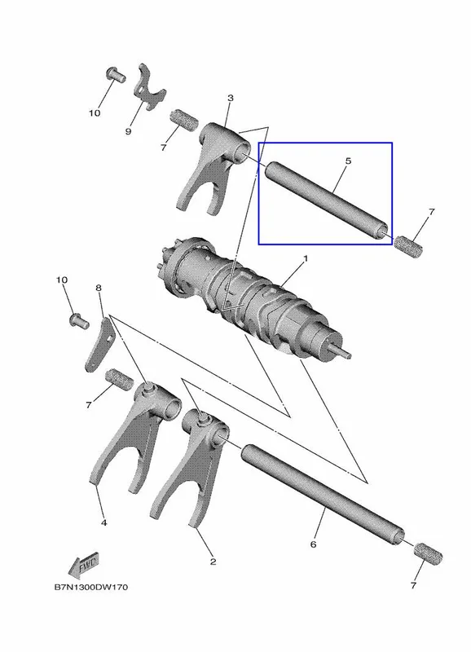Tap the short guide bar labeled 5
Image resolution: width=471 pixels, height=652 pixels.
[x=327, y=199]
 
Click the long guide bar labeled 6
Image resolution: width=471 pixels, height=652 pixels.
[x=322, y=494]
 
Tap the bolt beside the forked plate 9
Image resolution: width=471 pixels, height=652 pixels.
[x=116, y=75]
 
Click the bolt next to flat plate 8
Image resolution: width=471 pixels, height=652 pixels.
[x=78, y=321]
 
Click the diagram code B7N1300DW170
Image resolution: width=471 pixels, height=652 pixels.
[x=91, y=587]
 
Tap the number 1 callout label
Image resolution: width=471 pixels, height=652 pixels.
[x=306, y=258]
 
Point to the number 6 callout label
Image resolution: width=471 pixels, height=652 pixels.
[x=314, y=544]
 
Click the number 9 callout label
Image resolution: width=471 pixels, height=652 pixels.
[x=128, y=131]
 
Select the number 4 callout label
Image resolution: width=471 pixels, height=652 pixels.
[x=104, y=522]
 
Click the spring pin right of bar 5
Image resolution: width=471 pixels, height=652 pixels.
[x=408, y=245]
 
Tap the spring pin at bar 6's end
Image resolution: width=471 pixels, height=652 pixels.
[x=428, y=554]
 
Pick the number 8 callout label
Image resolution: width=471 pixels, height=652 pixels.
[x=99, y=288]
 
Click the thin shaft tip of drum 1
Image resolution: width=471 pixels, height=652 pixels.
[x=344, y=353]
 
